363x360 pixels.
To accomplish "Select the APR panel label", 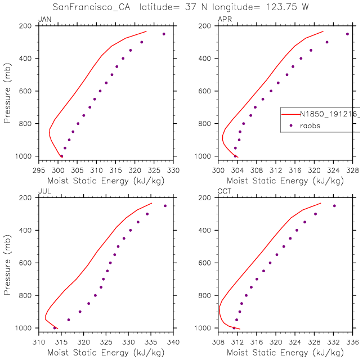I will [x=223, y=20].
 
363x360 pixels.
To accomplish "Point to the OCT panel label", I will [x=223, y=192].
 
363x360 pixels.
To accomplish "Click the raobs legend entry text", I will [x=309, y=126].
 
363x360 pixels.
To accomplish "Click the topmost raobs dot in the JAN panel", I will [x=164, y=34].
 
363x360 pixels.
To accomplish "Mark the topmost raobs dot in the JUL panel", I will [x=165, y=206].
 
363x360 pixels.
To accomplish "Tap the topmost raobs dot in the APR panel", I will [x=347, y=34].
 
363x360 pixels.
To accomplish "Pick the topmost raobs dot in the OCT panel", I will [x=334, y=206].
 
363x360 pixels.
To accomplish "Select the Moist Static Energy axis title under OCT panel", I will [x=285, y=353].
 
